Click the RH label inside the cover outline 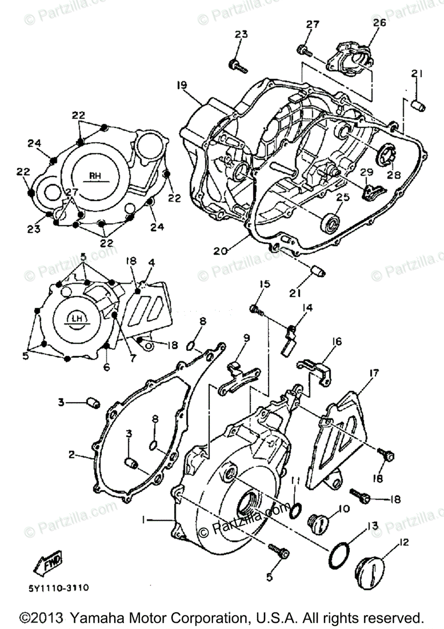click(x=95, y=176)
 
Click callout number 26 click(x=379, y=23)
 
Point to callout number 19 click(x=181, y=85)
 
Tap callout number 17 click(x=373, y=373)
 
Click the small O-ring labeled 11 click(x=296, y=509)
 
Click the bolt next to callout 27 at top click(x=304, y=50)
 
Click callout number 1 click(x=143, y=519)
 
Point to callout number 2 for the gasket click(x=71, y=454)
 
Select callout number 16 click(x=335, y=342)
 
